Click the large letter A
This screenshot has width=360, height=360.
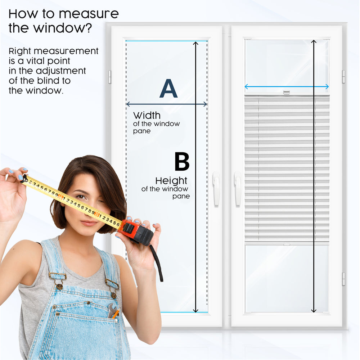168,89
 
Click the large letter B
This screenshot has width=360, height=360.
182,162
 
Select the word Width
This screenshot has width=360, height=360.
147,116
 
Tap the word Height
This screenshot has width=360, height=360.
171,180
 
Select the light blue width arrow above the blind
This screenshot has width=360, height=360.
287,86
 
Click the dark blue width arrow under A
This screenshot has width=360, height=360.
166,104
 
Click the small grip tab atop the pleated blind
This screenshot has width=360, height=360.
286,93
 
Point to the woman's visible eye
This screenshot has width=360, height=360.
81,197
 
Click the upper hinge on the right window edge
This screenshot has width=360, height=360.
343,76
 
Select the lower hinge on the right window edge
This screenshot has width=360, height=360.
343,279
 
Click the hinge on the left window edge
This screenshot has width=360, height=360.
110,77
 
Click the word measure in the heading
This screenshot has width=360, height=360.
89,14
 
